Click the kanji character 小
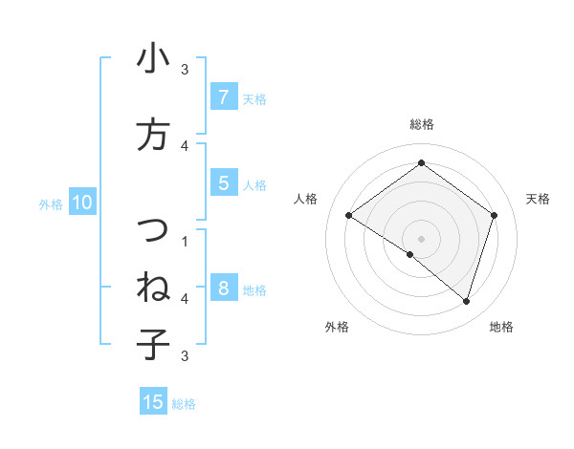153,59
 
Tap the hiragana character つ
153,230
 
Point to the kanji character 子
153,344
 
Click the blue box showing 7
223,96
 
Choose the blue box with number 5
223,183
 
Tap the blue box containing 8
223,288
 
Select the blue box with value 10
81,202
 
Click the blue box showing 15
153,402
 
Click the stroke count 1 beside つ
185,241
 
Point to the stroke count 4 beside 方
185,145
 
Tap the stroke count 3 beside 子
185,355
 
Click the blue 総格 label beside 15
184,404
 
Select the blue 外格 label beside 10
51,203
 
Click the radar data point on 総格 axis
421,163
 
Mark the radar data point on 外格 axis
410,254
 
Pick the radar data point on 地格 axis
466,301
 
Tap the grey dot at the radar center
421,238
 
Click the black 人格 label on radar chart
306,199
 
